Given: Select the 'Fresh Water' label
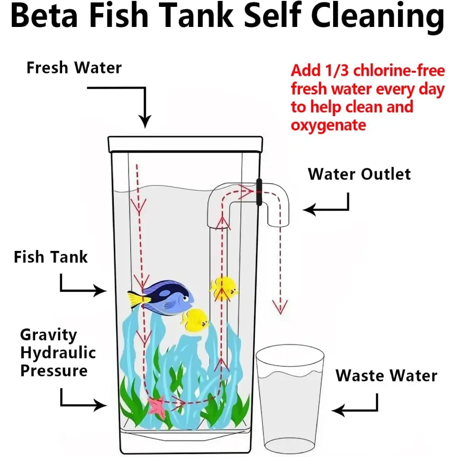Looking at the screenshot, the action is pyautogui.click(x=74, y=68).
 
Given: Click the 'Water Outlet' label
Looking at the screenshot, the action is pyautogui.click(x=359, y=174).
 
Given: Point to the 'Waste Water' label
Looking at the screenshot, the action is pyautogui.click(x=387, y=375).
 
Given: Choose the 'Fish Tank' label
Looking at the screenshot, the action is pyautogui.click(x=51, y=257).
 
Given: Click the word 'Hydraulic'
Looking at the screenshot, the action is pyautogui.click(x=58, y=353).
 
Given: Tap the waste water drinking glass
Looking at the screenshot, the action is pyautogui.click(x=290, y=399).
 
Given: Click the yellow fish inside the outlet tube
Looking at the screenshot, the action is pyautogui.click(x=224, y=288).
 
